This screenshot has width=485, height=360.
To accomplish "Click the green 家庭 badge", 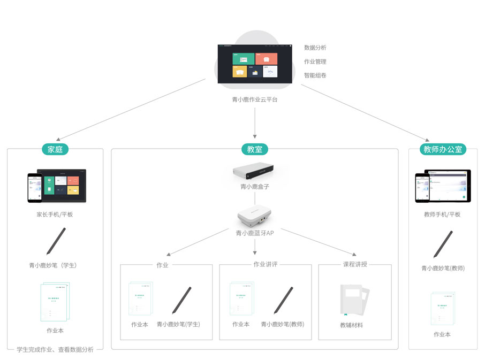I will pos(55,149).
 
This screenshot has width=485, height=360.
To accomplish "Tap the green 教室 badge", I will pos(254,149).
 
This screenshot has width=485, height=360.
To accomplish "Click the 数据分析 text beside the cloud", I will pos(315,48).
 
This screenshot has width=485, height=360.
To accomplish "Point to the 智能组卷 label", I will pos(315,75).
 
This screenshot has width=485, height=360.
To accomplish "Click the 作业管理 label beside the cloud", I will pos(315,62).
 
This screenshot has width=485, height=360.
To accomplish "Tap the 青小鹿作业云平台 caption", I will pos(255,99).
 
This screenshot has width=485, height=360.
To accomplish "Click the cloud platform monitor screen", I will pos(255,64).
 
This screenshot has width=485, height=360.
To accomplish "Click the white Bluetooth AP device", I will pos(255,217).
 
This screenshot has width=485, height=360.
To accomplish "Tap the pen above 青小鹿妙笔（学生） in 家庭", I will pos(56,241).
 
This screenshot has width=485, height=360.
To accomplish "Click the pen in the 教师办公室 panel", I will pos(443,244).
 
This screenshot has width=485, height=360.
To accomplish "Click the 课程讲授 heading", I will pos(355,264).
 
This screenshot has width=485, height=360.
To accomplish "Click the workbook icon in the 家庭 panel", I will pos(55,302).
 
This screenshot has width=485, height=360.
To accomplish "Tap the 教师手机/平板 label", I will pos(442,215).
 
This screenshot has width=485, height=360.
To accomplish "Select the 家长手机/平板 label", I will pos(55,215).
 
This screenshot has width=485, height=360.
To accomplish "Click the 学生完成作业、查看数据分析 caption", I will pos(55,349).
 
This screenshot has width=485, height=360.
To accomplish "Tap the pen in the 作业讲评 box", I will pos(283,300).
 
